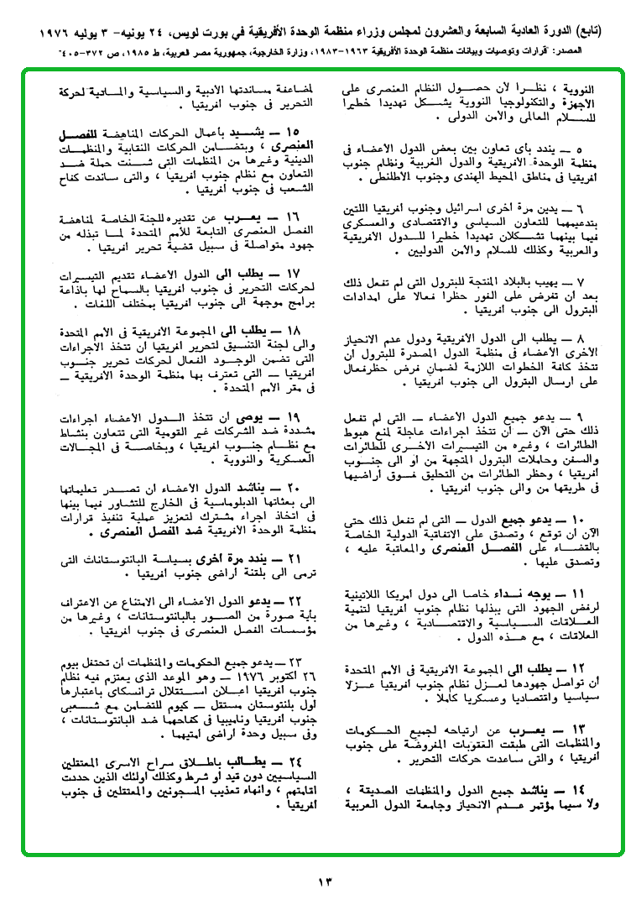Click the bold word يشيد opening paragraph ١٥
tap(254, 133)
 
